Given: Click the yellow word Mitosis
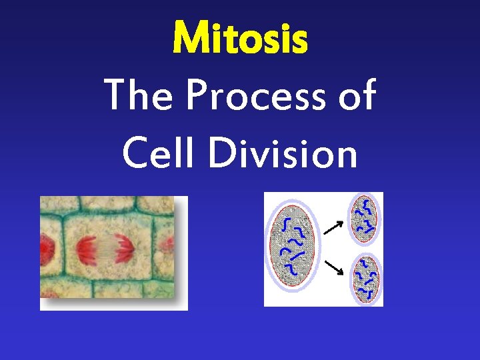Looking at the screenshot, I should click(240, 38).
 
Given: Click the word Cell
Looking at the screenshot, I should click(154, 154).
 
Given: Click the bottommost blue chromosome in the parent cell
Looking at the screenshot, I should click(291, 270).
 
